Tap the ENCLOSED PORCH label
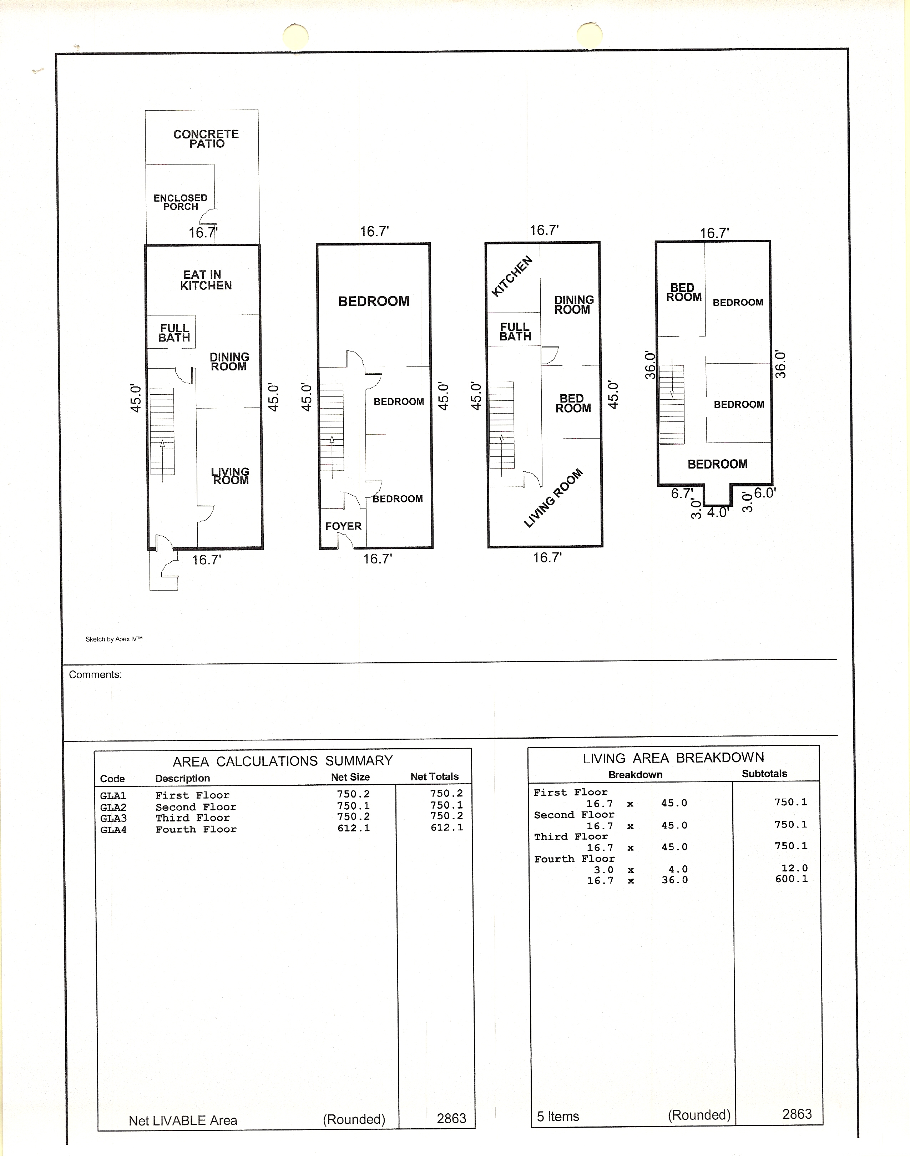(x=180, y=202)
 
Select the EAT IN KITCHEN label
(x=206, y=280)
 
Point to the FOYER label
(x=343, y=526)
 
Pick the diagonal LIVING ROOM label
(x=553, y=498)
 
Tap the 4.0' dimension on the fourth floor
(x=717, y=512)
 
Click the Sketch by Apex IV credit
(x=114, y=639)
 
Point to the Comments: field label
(x=95, y=675)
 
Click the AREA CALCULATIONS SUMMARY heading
(x=282, y=761)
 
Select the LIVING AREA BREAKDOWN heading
(x=673, y=758)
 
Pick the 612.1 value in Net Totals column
(x=446, y=827)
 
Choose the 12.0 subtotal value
(x=794, y=868)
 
